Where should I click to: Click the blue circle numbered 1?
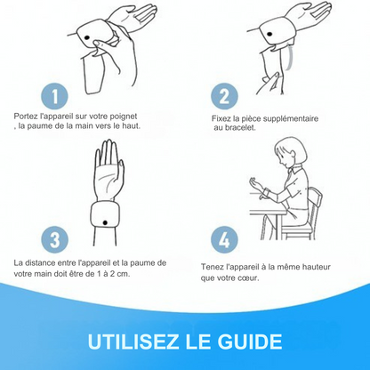(x=54, y=96)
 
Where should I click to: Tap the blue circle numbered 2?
(x=224, y=96)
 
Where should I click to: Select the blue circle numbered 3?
(x=54, y=239)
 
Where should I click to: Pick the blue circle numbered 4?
(x=224, y=239)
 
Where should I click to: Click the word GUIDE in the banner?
(x=250, y=342)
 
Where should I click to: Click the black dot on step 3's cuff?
(x=105, y=222)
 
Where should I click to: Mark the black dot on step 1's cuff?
(x=87, y=38)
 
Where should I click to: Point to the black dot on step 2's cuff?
(x=269, y=34)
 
